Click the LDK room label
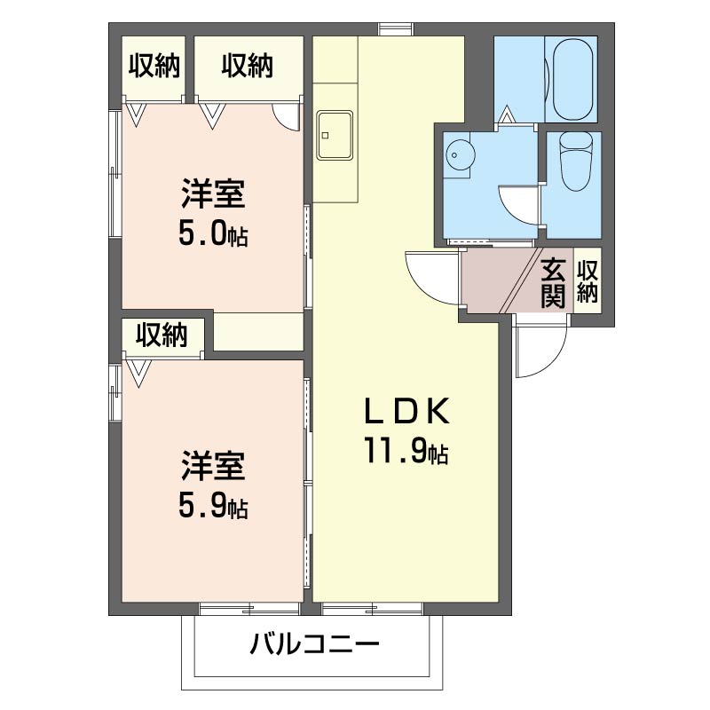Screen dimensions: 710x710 406,412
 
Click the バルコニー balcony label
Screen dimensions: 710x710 315,643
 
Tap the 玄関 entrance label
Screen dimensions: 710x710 553,282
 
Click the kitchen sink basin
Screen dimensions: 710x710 335,136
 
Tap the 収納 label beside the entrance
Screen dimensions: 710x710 587,282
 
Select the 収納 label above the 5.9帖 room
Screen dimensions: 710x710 162,335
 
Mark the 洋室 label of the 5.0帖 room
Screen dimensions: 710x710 214,193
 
